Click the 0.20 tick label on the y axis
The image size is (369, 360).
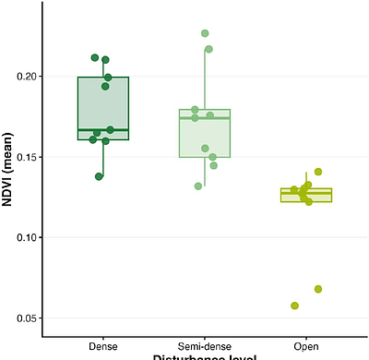point(28,77)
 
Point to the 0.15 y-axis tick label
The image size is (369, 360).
point(28,157)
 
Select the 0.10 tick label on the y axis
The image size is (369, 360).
point(28,238)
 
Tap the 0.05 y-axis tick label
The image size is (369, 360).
point(28,318)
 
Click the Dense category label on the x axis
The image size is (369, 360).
point(102,346)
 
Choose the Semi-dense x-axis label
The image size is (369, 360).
point(204,346)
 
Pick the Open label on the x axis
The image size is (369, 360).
point(306,346)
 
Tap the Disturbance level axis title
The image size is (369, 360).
point(204,357)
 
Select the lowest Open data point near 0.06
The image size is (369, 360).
point(295,306)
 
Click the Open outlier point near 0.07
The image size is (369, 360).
point(318,289)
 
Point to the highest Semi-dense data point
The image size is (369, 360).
point(205,33)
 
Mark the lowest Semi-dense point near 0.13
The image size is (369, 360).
point(198,186)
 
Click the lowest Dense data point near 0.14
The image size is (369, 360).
point(100,176)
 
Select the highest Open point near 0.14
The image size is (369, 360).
point(318,172)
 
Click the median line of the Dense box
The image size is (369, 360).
point(102,130)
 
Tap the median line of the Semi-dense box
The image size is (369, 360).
point(204,118)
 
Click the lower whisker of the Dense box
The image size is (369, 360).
point(102,158)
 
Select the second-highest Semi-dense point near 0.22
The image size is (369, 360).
point(209,49)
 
